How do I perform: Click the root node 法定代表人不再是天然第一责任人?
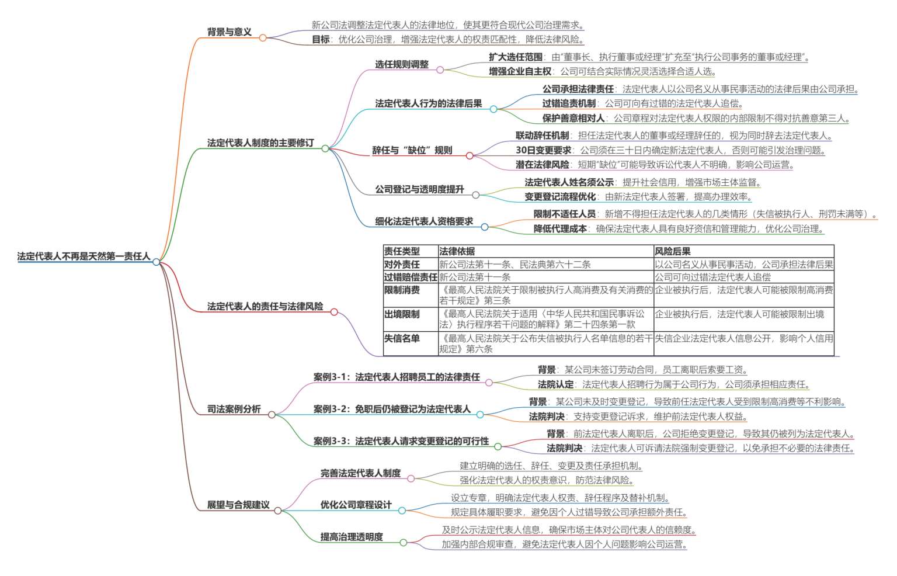click(84, 256)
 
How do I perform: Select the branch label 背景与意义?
click(229, 32)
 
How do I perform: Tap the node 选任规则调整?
click(402, 64)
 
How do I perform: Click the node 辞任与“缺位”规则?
click(412, 150)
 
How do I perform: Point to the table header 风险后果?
click(673, 252)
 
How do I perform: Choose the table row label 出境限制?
click(402, 314)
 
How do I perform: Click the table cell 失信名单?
click(402, 338)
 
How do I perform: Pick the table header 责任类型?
click(402, 252)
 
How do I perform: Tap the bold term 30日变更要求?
click(544, 150)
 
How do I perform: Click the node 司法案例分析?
click(234, 409)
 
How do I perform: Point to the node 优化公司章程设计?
click(356, 505)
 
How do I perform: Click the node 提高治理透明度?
click(352, 537)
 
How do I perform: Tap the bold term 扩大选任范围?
click(516, 57)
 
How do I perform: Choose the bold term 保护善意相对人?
click(573, 118)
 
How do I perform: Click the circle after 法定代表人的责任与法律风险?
click(334, 312)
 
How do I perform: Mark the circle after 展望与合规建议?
click(278, 511)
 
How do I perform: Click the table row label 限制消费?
click(402, 290)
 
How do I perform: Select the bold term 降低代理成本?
click(560, 229)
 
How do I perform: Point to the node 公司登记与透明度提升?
click(419, 189)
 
